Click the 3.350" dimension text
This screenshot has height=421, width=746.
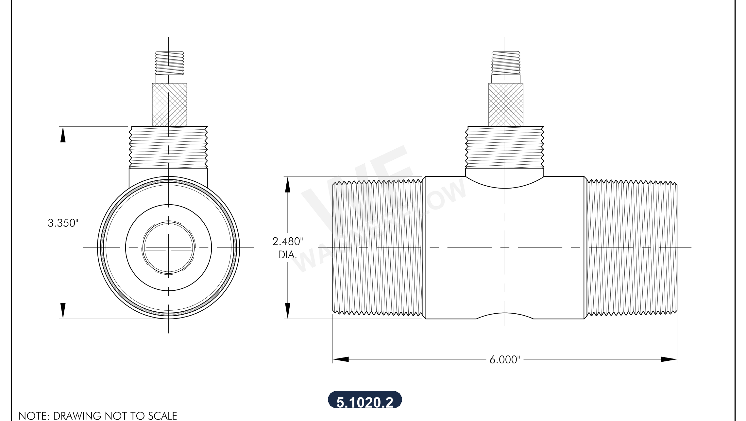(63, 223)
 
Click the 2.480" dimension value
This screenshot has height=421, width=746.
(287, 242)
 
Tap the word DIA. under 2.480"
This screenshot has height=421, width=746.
(287, 255)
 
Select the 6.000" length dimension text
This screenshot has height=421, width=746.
(504, 360)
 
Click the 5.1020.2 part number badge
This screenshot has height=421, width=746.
(365, 400)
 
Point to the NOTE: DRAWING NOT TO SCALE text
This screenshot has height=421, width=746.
(98, 416)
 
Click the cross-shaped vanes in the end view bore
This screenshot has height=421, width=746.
(169, 247)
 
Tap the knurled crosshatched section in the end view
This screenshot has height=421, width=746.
(169, 105)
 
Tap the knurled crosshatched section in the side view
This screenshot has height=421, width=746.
(506, 105)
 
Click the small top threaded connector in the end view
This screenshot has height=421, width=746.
(169, 63)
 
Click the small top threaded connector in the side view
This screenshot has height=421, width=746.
(506, 63)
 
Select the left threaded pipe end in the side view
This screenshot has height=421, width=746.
(378, 247)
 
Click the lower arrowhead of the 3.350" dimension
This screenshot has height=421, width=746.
(63, 311)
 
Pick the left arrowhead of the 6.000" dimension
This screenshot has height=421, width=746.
(341, 359)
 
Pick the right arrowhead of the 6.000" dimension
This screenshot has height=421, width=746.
(669, 359)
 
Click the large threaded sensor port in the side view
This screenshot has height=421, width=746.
(504, 147)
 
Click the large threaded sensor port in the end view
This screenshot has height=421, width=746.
(168, 147)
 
